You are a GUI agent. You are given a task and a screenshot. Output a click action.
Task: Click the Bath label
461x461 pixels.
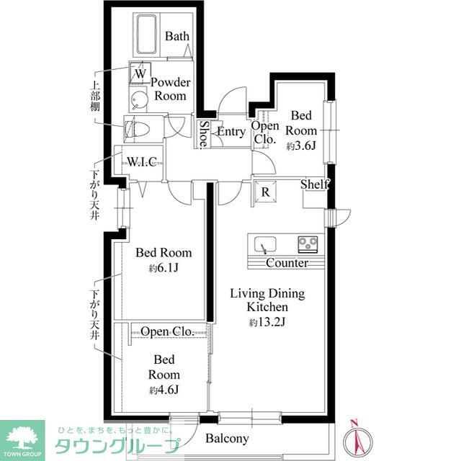176,36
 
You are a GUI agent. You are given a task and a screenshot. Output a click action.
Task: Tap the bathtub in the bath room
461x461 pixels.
149,36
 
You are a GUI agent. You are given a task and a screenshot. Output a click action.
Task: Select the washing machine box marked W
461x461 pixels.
140,73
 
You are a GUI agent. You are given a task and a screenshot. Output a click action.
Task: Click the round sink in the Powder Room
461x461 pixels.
138,99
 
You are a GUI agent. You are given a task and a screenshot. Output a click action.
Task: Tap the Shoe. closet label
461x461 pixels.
204,133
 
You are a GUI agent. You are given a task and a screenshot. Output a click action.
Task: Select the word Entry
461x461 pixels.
230,132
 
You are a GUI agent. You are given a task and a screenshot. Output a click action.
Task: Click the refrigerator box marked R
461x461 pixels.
265,192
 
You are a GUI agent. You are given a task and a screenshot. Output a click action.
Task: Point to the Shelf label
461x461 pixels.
315,184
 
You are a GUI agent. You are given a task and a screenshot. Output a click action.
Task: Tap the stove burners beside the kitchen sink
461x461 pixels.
310,243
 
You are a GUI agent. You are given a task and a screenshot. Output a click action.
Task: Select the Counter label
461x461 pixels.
287,263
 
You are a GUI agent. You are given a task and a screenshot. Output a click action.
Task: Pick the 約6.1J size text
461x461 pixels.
164,269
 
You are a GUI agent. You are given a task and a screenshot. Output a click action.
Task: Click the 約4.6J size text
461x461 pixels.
164,390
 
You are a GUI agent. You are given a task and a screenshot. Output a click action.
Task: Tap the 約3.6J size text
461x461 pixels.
301,146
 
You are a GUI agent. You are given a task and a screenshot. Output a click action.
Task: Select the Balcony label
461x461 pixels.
227,438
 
